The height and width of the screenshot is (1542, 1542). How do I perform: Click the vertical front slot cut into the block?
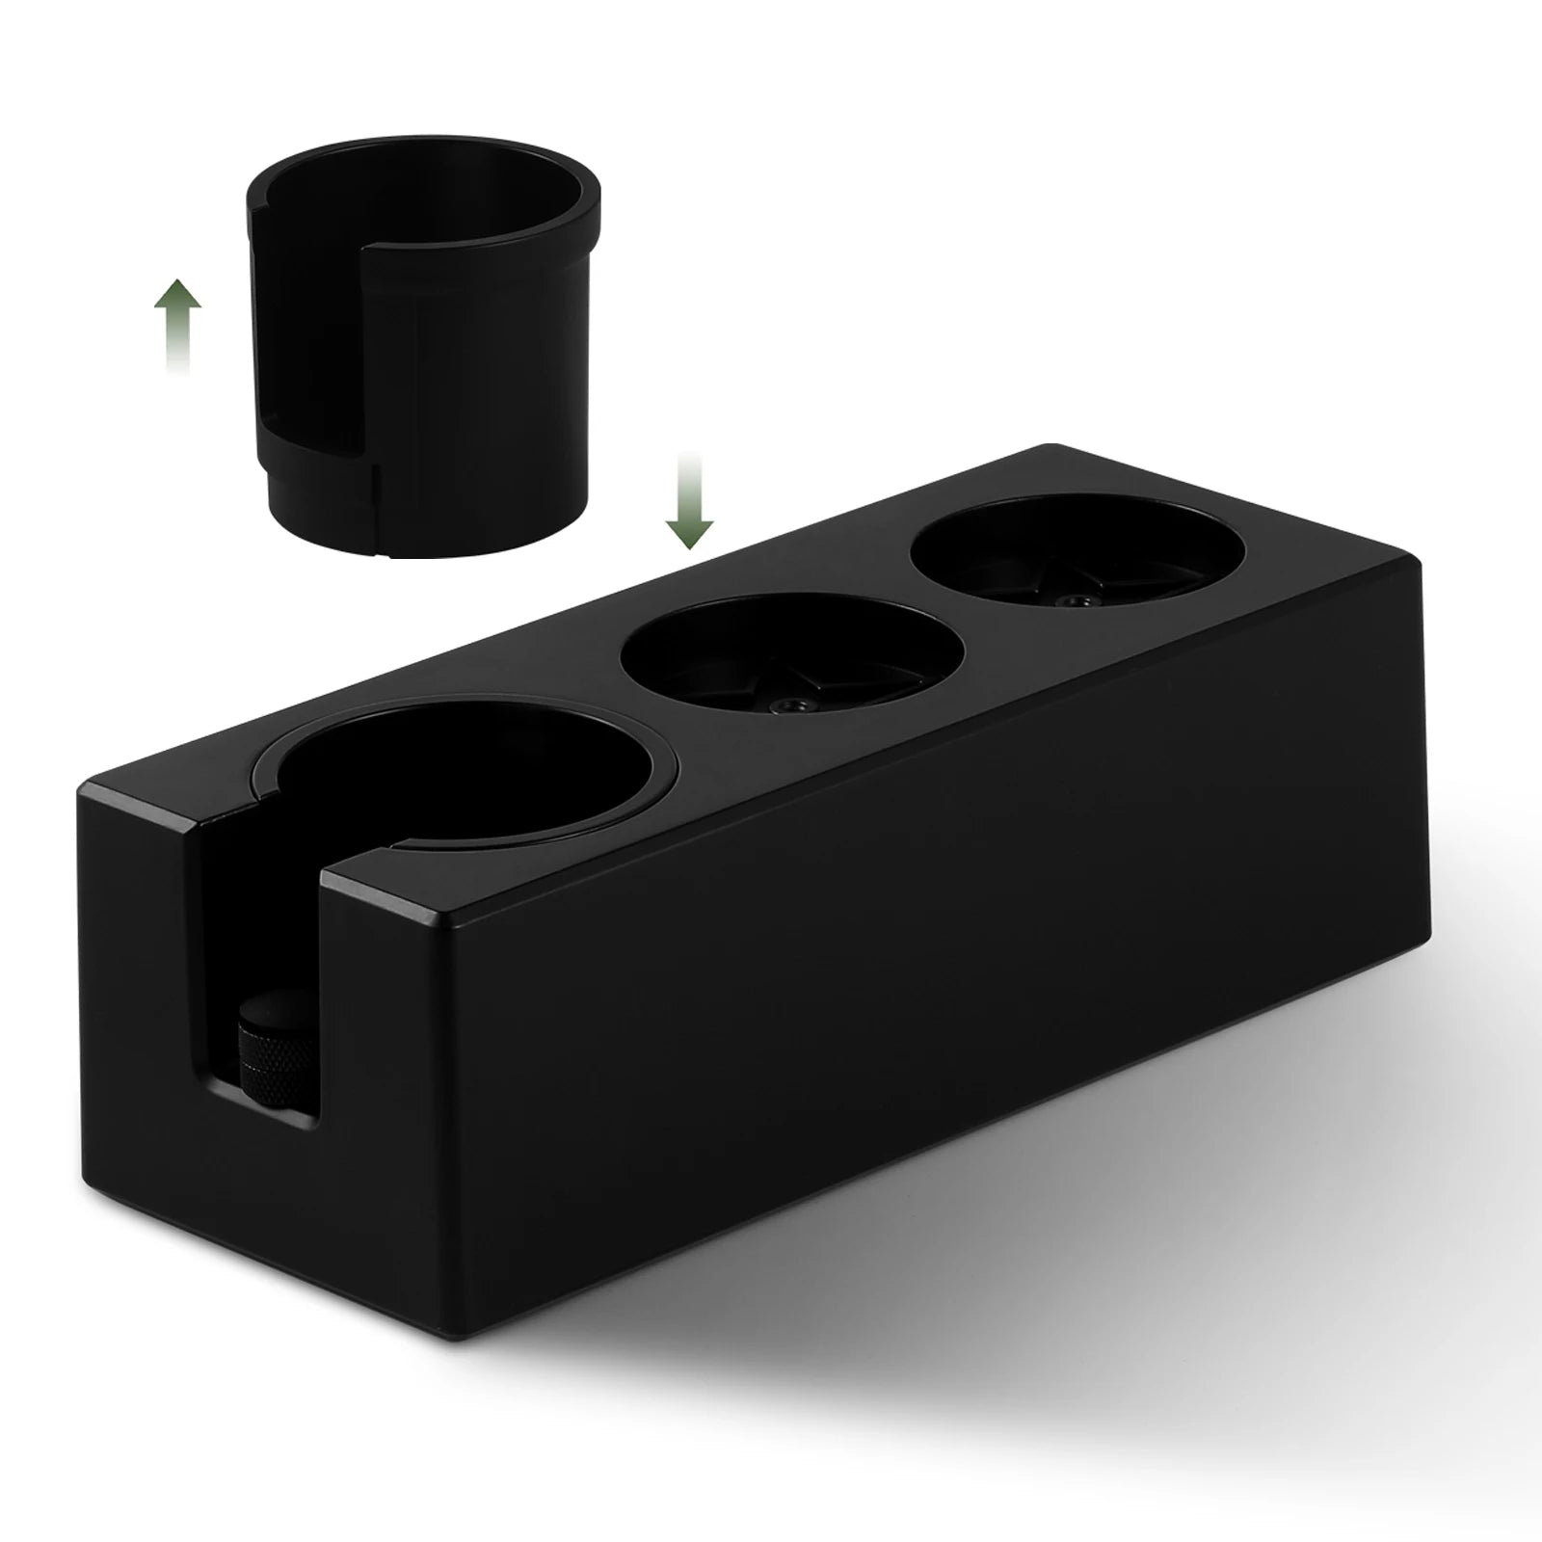pyautogui.click(x=260, y=954)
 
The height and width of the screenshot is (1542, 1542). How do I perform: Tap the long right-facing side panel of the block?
pyautogui.click(x=916, y=964)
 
